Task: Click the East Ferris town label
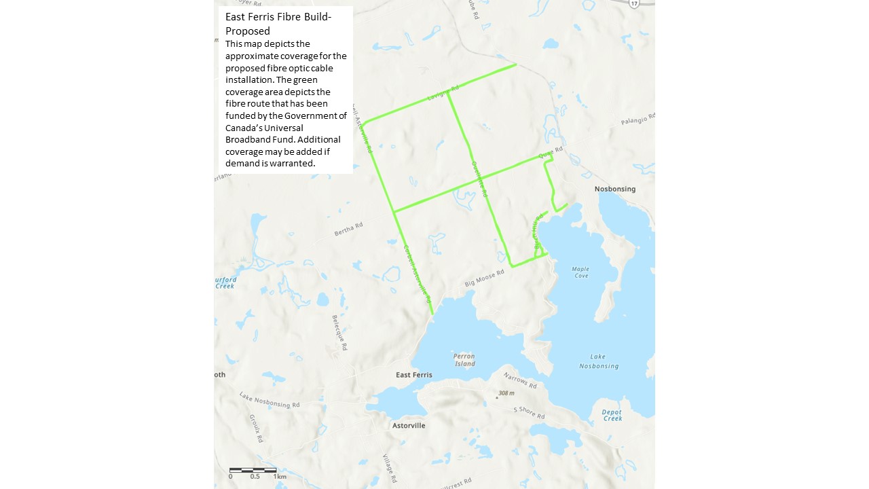(413, 375)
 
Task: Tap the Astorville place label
(409, 426)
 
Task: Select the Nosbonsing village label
(614, 189)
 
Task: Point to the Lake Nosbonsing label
(599, 361)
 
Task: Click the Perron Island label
(464, 360)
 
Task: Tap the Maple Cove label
(580, 272)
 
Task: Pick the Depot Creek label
(612, 415)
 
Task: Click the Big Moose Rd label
(484, 278)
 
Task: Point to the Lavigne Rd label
(443, 92)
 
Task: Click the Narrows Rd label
(520, 380)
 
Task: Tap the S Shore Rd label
(530, 412)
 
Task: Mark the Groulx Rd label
(255, 429)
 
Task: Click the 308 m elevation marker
(506, 393)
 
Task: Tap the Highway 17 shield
(634, 3)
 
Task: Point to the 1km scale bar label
(280, 477)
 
